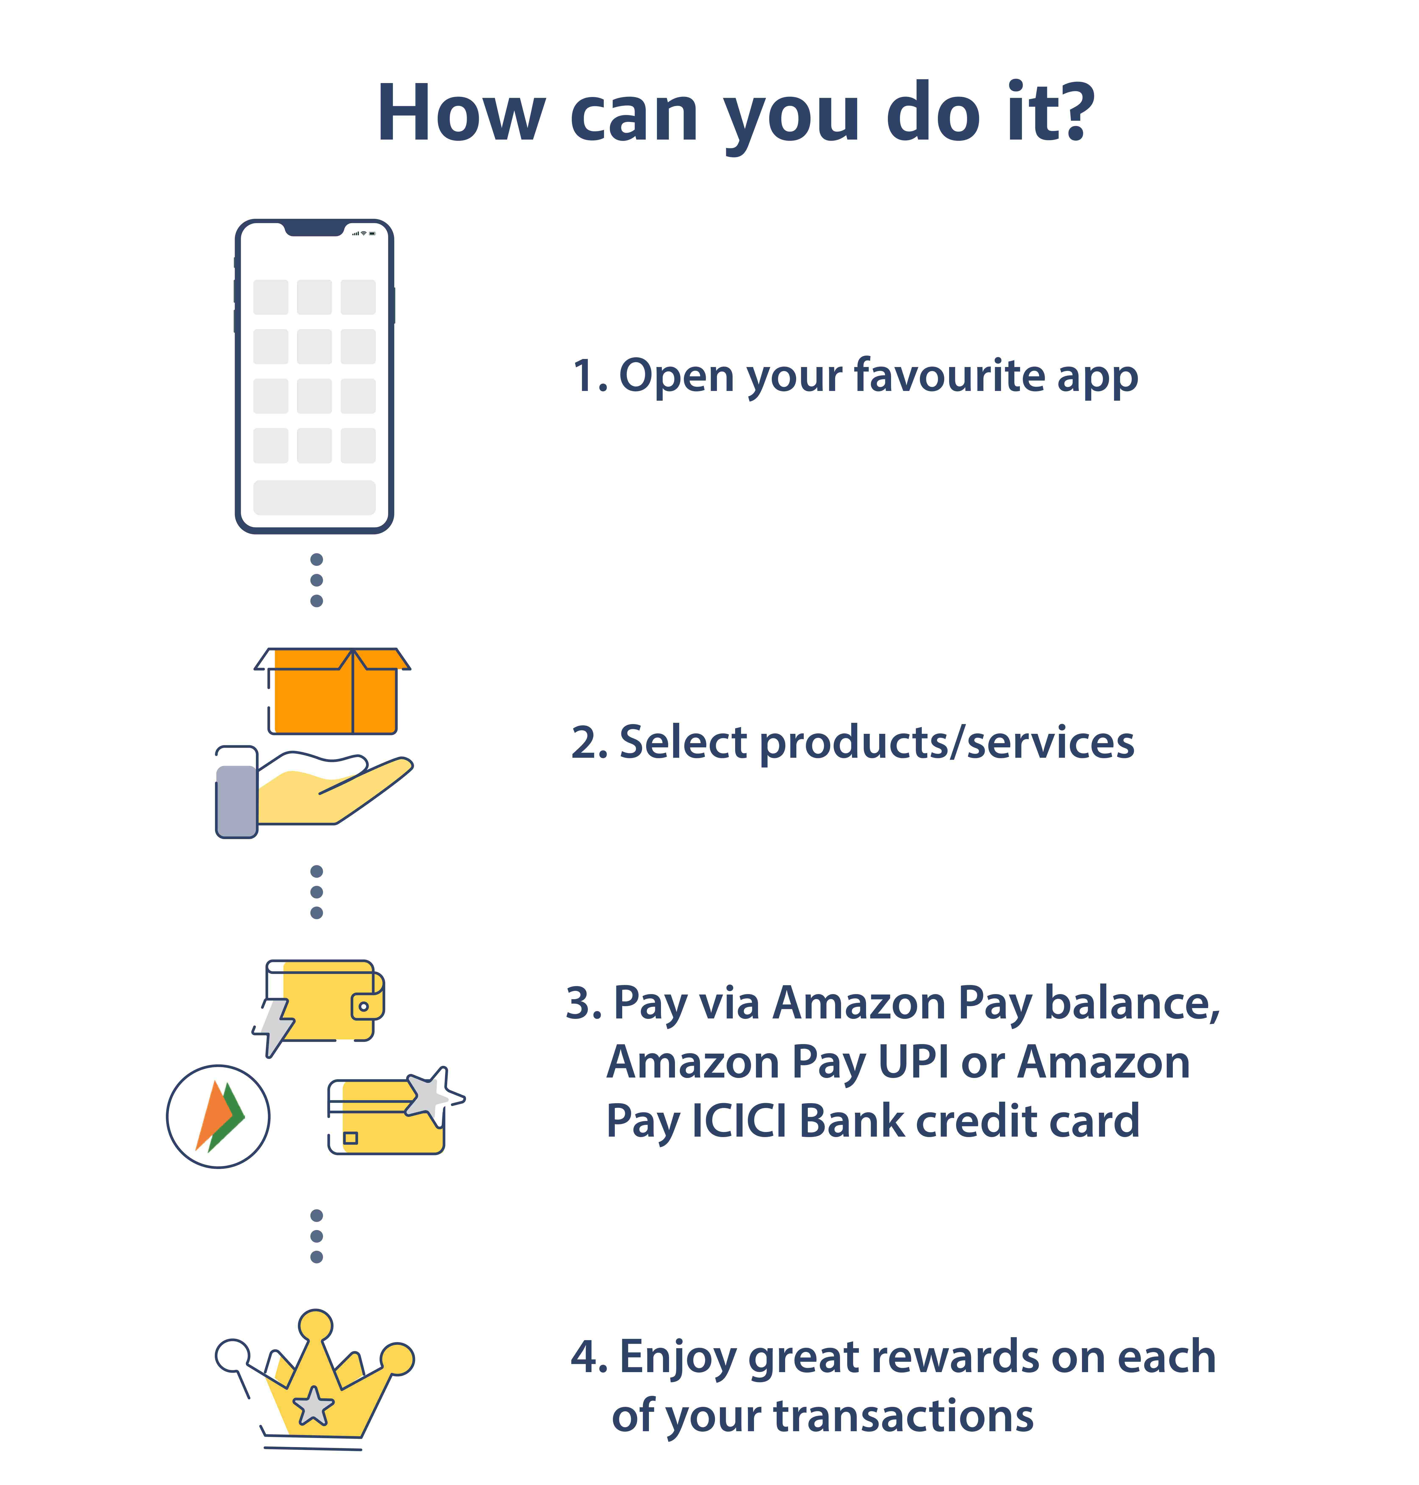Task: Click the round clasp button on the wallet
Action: point(364,1006)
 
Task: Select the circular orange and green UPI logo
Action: point(218,1117)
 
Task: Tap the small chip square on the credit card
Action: point(350,1138)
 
